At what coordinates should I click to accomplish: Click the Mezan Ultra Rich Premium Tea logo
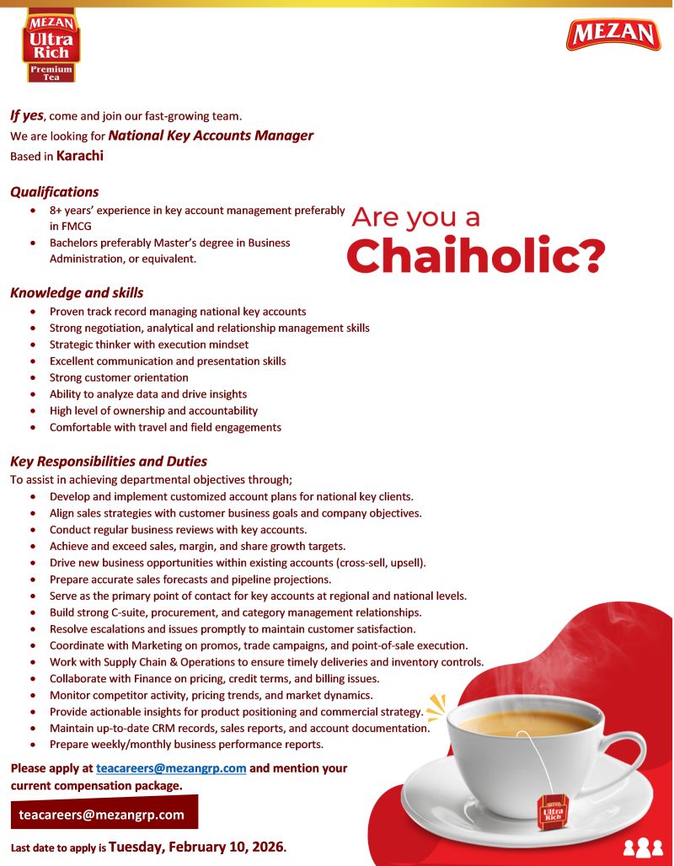pyautogui.click(x=51, y=45)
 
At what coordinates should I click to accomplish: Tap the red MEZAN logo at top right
pyautogui.click(x=613, y=35)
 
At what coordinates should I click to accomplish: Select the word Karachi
pyautogui.click(x=80, y=156)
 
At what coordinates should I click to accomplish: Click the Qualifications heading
pyautogui.click(x=55, y=192)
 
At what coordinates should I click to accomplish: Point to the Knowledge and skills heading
pyautogui.click(x=77, y=293)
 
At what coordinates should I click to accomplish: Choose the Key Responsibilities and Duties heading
pyautogui.click(x=109, y=462)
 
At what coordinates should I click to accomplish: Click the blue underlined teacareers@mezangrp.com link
pyautogui.click(x=171, y=768)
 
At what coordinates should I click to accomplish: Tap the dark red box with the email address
pyautogui.click(x=104, y=814)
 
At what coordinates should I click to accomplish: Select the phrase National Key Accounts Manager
pyautogui.click(x=211, y=136)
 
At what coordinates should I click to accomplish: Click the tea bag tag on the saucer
pyautogui.click(x=554, y=812)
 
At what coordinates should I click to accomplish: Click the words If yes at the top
pyautogui.click(x=27, y=115)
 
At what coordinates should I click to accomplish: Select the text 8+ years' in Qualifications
pyautogui.click(x=71, y=210)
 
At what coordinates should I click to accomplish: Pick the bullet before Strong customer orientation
pyautogui.click(x=32, y=378)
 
